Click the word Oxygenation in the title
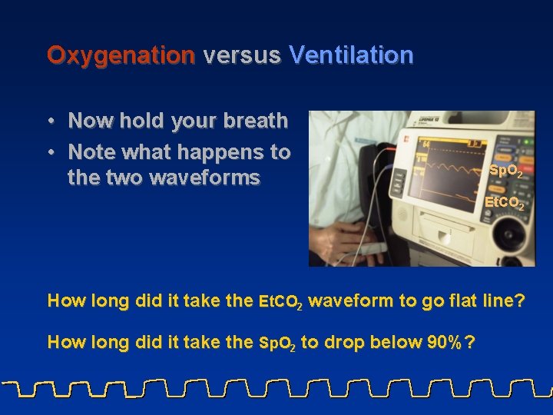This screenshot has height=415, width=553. (x=121, y=55)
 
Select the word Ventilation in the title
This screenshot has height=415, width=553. (x=351, y=55)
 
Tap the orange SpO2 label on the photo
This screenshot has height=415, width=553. (x=506, y=171)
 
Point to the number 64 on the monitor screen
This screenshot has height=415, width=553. (x=425, y=144)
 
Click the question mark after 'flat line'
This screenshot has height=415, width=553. (x=519, y=300)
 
